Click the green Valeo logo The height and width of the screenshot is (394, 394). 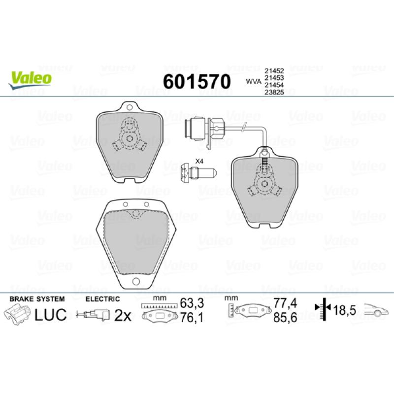point(30,80)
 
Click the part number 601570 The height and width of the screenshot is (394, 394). point(197,82)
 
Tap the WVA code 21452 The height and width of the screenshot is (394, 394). point(274,71)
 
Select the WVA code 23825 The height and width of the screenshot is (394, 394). point(274,93)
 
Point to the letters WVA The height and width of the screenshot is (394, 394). point(254,82)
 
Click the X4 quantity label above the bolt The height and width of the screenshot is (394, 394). point(199,162)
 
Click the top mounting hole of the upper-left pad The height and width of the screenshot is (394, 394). point(130,107)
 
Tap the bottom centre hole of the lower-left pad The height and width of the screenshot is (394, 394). point(136,281)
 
